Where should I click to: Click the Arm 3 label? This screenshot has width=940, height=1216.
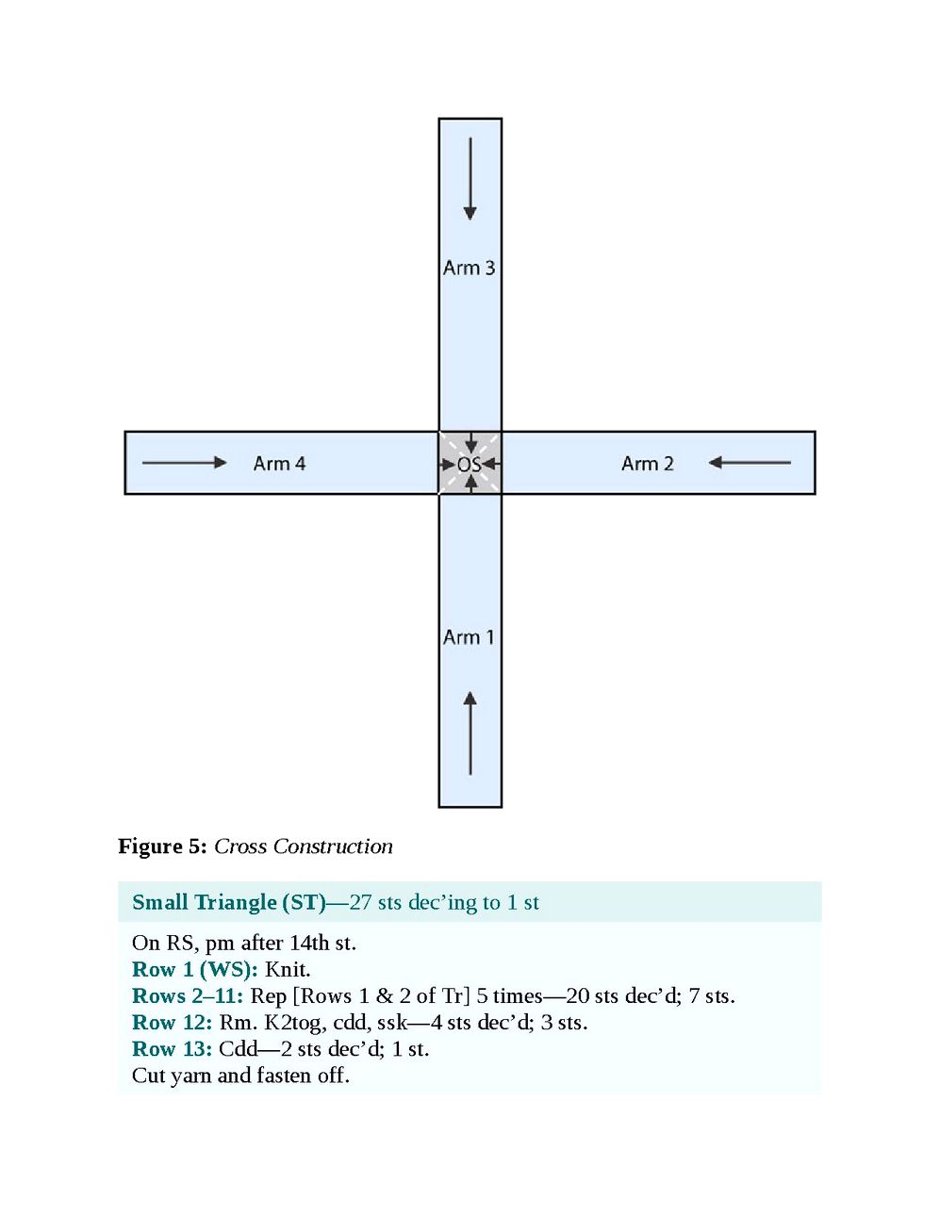point(469,268)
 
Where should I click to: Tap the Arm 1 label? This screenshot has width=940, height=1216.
point(469,637)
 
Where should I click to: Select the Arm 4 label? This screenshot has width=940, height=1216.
point(279,464)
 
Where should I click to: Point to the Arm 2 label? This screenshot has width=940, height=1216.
point(647,464)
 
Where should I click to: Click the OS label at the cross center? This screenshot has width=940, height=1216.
point(469,464)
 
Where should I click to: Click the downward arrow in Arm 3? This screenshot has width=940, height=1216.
point(470,179)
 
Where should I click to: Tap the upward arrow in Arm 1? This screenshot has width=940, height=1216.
point(470,733)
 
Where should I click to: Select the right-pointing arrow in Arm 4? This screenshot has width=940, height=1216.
point(185,462)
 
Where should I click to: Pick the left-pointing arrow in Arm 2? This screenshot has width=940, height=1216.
point(750,462)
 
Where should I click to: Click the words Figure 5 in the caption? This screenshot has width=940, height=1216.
point(161,846)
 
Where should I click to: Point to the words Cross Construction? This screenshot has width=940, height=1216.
point(303,846)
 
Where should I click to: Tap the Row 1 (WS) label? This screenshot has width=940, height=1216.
point(194,969)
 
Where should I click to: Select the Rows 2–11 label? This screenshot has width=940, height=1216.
point(187,995)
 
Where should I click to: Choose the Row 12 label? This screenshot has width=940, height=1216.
point(172,1022)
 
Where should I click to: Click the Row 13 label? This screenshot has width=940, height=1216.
point(172,1048)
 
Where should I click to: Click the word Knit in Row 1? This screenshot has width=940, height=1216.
point(286,969)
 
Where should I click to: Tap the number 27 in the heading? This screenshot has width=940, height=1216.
point(361,902)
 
